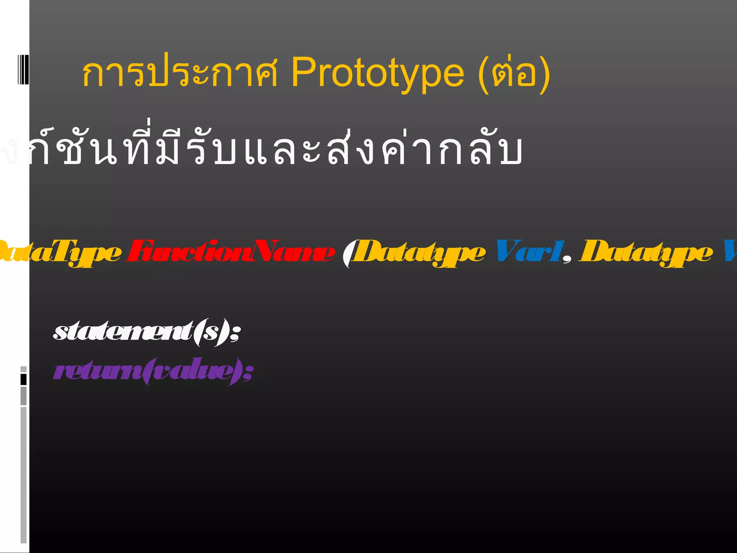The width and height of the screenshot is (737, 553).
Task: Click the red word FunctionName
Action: pyautogui.click(x=230, y=252)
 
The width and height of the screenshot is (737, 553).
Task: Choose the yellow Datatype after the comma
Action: pyautogui.click(x=646, y=253)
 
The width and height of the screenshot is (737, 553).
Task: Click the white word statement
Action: pyautogui.click(x=122, y=332)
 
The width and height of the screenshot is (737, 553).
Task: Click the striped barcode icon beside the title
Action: pyautogui.click(x=23, y=69)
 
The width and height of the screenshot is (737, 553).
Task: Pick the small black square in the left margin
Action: pyautogui.click(x=23, y=379)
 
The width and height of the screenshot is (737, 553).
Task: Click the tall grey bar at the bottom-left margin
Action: pyautogui.click(x=23, y=475)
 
